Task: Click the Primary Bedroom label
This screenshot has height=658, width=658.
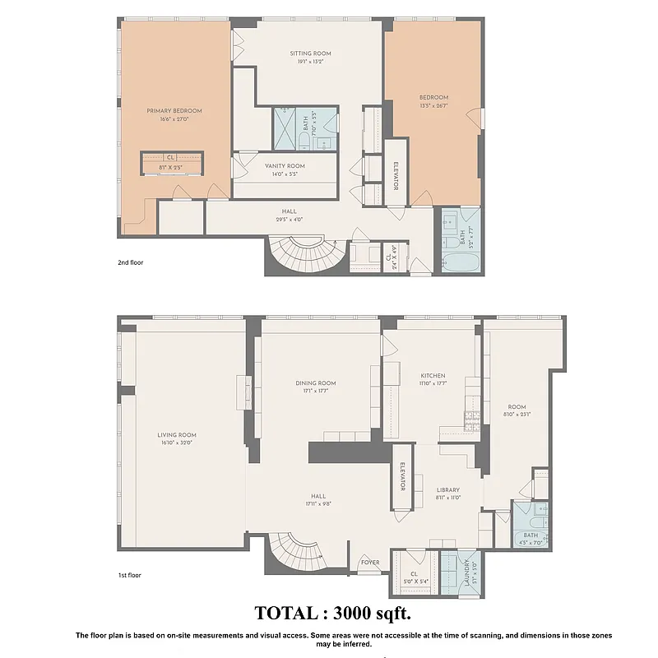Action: (174, 110)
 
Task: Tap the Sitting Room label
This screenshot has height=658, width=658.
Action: (310, 53)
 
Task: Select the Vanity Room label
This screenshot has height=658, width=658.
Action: (285, 165)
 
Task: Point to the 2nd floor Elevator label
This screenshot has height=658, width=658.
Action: (396, 175)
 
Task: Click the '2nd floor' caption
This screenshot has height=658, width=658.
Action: (132, 264)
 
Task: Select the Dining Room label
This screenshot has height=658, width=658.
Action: (316, 382)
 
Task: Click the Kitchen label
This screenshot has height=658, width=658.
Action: (433, 374)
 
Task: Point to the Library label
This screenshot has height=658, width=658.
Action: (448, 489)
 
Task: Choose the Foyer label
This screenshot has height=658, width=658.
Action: (370, 563)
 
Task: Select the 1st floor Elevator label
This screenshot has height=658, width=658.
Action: (402, 476)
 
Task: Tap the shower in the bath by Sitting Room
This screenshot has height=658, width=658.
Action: (288, 128)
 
